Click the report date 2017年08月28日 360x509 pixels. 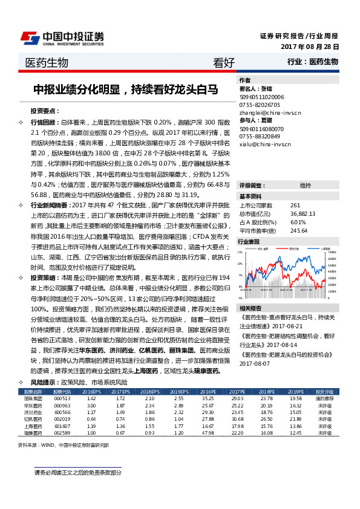coord(310,47)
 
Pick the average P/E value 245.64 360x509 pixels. coord(299,230)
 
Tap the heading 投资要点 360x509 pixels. coord(45,111)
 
